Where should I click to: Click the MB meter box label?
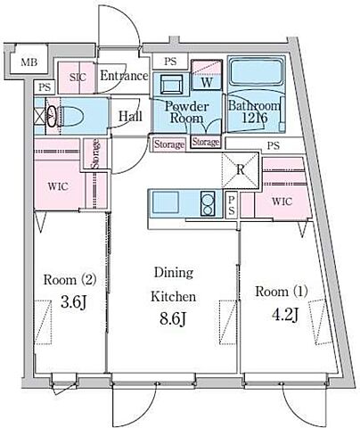pos(29,62)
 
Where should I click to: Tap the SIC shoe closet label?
pos(78,78)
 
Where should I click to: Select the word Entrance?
pos(124,76)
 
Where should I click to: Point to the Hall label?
pos(130,116)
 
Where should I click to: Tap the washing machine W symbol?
pos(207,82)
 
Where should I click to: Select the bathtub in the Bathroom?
pos(257,72)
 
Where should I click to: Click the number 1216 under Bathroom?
pos(255,118)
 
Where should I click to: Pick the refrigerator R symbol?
pos(241,169)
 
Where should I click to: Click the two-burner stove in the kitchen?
pos(208,203)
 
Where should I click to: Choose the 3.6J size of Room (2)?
pos(73,303)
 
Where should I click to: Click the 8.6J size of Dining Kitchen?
pos(173,319)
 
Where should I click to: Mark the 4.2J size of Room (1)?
pos(285,315)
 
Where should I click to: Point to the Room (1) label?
pos(282,292)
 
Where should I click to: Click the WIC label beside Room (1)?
pos(282,202)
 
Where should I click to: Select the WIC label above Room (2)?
pos(58,186)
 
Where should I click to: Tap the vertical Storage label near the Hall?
pos(95,153)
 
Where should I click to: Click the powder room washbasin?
pos(171,85)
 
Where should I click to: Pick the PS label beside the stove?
pos(232,205)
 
